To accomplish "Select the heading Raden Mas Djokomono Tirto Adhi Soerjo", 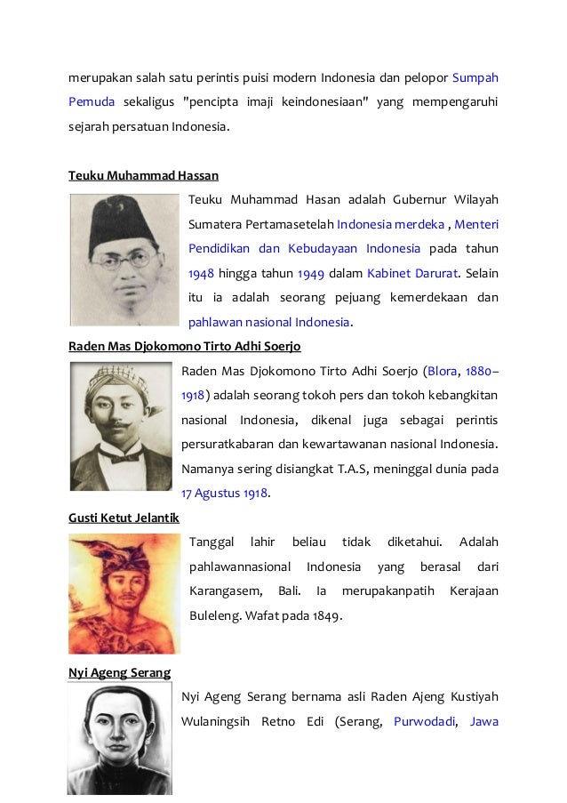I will pyautogui.click(x=190, y=346).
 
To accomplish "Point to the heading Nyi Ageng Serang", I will pyautogui.click(x=119, y=672).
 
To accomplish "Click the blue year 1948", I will pyautogui.click(x=202, y=272).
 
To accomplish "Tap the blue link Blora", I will pyautogui.click(x=443, y=370).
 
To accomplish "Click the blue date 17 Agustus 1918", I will pyautogui.click(x=226, y=492).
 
